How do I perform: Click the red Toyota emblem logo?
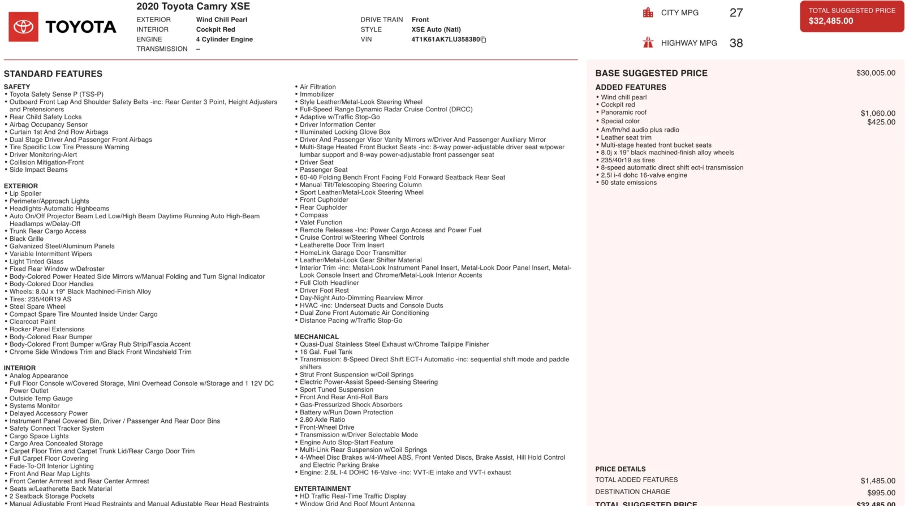pos(23,27)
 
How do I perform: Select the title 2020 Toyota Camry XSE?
pos(193,7)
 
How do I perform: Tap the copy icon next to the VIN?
pos(484,40)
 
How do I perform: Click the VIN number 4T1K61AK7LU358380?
pos(445,40)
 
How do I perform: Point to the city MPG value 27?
pos(736,13)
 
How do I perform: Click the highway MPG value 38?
pos(736,43)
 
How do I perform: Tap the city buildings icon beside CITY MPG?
pos(648,12)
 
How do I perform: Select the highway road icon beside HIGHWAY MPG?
pos(648,42)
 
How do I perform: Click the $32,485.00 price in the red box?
pos(830,21)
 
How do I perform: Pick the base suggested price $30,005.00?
pos(876,73)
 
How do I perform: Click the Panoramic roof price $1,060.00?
pos(878,114)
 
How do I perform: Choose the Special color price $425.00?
pos(881,122)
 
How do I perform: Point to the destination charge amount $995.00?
pos(881,492)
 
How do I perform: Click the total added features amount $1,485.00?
pos(878,481)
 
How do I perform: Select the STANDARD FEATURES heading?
pos(53,74)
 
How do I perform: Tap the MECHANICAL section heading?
pos(316,337)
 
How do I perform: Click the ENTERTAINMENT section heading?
pos(322,488)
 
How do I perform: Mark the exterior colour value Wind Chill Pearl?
pos(221,20)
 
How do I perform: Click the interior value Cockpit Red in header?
pos(215,29)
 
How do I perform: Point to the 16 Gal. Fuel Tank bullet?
pos(326,352)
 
